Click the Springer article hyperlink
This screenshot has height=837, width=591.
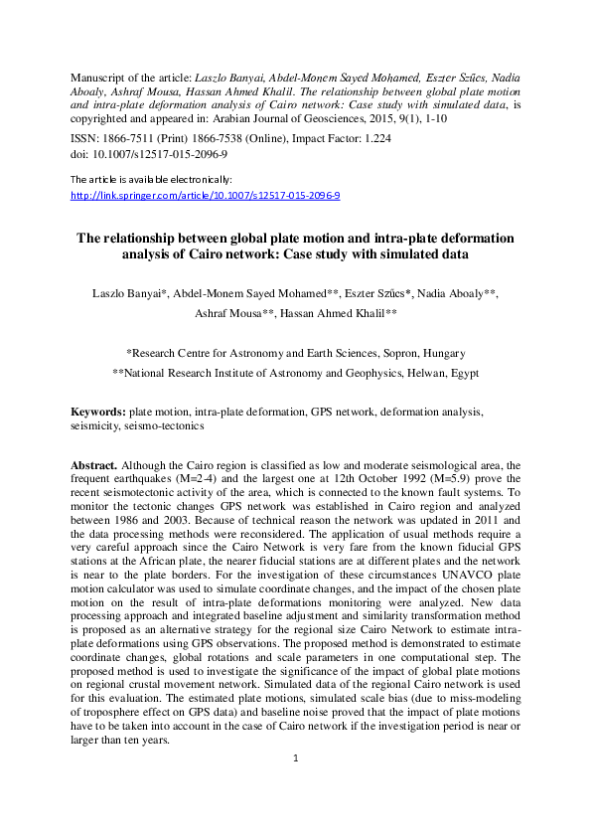click(206, 196)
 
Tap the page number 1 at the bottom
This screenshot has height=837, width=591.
click(296, 758)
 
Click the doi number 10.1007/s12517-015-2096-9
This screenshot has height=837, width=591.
click(158, 155)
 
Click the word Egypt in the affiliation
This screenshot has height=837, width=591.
click(463, 374)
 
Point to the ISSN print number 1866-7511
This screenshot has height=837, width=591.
click(127, 140)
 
